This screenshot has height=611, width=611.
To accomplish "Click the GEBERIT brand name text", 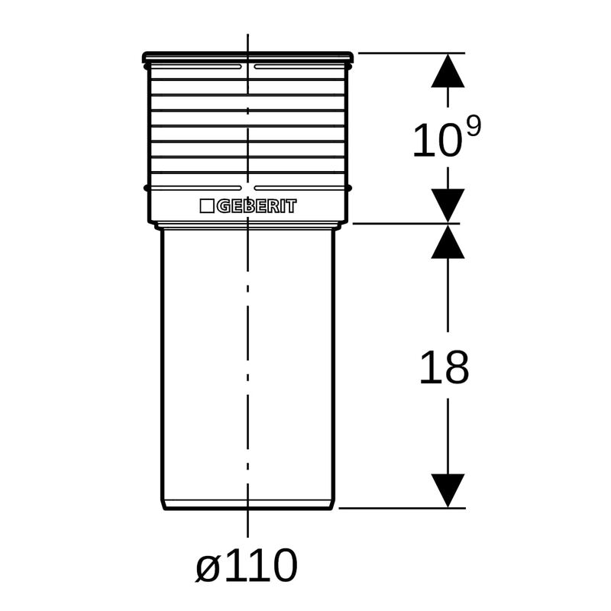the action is [x=257, y=206].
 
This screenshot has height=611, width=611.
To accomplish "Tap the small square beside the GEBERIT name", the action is [x=206, y=206].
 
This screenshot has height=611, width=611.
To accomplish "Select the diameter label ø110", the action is [x=246, y=565].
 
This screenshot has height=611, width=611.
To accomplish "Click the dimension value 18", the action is [x=444, y=367].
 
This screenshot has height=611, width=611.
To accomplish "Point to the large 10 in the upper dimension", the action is [x=436, y=141].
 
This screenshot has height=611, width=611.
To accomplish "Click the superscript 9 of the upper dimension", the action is [x=474, y=126].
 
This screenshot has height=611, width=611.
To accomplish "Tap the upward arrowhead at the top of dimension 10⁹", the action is [x=448, y=70].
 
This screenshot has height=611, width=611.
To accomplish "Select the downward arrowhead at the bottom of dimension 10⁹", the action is [x=448, y=205].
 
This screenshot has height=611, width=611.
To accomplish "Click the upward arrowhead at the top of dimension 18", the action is [x=448, y=241].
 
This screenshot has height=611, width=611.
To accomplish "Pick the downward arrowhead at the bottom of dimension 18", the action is [x=448, y=490].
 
